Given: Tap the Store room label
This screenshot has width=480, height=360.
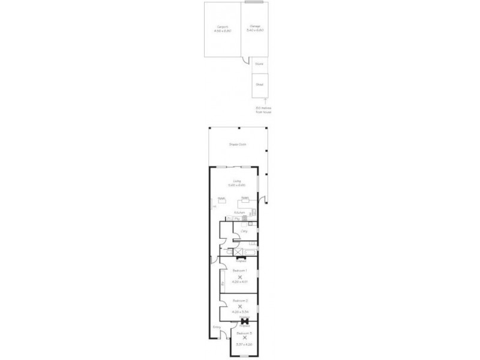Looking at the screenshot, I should [x=259, y=62].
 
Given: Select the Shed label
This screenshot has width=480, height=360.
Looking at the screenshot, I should [x=259, y=85].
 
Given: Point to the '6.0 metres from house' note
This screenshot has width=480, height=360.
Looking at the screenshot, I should [x=259, y=109].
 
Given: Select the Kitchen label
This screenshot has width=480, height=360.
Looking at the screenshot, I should [x=239, y=212].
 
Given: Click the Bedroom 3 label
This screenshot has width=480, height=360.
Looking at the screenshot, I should [x=243, y=333].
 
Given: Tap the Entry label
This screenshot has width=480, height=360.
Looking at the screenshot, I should [x=217, y=326].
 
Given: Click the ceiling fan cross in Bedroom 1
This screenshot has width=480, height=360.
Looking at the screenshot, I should [x=239, y=277].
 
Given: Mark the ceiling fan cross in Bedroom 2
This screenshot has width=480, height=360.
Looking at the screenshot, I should [x=239, y=306].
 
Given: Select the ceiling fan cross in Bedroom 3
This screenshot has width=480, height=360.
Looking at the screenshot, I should [x=243, y=338].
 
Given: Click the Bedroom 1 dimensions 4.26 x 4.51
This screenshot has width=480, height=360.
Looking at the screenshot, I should [x=239, y=282].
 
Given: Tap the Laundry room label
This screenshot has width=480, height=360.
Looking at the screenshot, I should [x=244, y=230].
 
